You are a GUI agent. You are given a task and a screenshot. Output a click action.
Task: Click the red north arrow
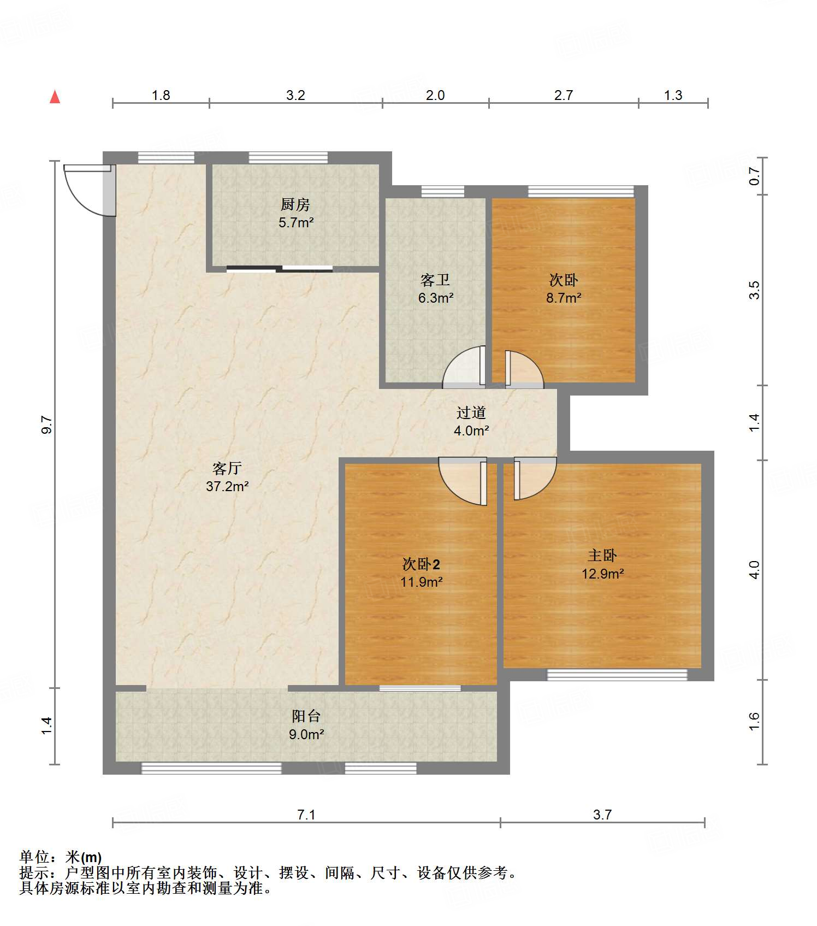55,97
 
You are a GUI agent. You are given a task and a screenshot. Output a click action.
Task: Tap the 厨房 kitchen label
295,205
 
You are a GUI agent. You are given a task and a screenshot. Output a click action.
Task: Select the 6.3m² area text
436,298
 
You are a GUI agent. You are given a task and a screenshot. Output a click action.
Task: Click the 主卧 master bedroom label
602,556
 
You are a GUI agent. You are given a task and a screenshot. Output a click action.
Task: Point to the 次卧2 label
421,564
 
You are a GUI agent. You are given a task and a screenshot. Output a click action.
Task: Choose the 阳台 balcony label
306,716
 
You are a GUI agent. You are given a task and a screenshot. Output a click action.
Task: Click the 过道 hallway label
471,412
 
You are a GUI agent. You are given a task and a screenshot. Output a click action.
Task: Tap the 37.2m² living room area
227,486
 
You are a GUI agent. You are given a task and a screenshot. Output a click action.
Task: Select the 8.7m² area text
564,298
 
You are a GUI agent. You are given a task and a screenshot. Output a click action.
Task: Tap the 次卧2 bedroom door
463,481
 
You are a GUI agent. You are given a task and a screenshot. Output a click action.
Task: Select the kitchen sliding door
280,268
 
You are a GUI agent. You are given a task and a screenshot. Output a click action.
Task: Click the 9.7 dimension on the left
47,424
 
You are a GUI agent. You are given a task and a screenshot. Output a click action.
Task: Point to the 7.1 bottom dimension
306,815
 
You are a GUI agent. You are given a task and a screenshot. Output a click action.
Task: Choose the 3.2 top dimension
295,95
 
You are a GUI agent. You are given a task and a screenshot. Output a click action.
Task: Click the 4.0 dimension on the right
754,570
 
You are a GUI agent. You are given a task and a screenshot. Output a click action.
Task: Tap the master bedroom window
617,675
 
